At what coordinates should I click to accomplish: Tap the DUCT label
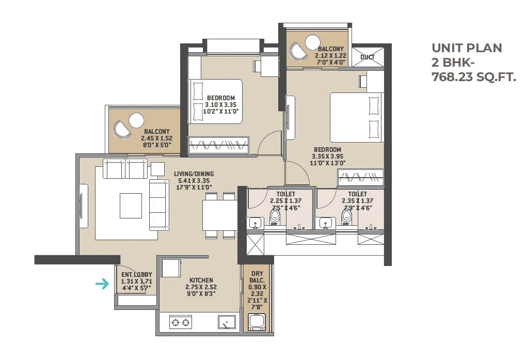(x=368, y=57)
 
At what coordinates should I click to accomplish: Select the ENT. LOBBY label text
(x=132, y=275)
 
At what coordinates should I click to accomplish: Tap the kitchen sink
(x=227, y=322)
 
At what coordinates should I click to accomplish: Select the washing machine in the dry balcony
(x=257, y=322)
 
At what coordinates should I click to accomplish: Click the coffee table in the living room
(x=131, y=206)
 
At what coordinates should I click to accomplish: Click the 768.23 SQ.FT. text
(x=473, y=77)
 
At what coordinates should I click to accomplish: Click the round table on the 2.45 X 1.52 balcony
(x=136, y=120)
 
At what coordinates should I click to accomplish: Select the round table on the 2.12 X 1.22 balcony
(x=313, y=41)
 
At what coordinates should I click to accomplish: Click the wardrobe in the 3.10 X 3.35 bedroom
(x=219, y=145)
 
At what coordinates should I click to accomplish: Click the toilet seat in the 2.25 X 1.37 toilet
(x=275, y=218)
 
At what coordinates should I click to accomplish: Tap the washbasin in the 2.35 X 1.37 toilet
(x=325, y=223)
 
